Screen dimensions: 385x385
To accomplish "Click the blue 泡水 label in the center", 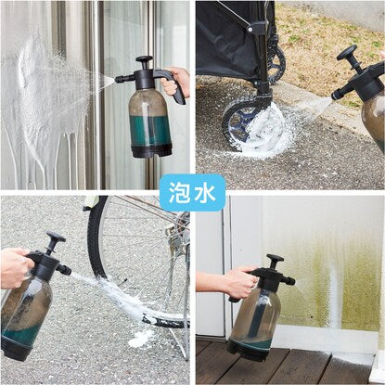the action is point(192,193).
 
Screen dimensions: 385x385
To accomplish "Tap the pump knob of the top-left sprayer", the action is point(144,58).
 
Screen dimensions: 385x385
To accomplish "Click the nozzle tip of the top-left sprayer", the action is point(117,80).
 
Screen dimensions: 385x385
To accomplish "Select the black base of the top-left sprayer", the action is point(151,150).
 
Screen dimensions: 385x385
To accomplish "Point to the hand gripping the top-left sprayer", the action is point(175,82).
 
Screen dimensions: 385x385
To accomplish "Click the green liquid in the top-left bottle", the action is point(150,130).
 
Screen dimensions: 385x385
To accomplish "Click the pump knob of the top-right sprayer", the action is point(347,52).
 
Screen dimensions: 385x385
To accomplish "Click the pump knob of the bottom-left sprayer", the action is point(56,237).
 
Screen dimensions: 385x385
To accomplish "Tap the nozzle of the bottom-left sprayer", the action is point(64,270).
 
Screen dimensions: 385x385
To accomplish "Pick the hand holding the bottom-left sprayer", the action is point(16,268).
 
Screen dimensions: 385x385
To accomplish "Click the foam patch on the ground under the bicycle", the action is point(141,338).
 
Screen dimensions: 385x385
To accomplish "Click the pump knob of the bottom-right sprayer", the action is point(275,258).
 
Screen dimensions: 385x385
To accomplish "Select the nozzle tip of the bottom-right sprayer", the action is point(292,281).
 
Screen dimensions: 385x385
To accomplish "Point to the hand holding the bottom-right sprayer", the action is point(239,281).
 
